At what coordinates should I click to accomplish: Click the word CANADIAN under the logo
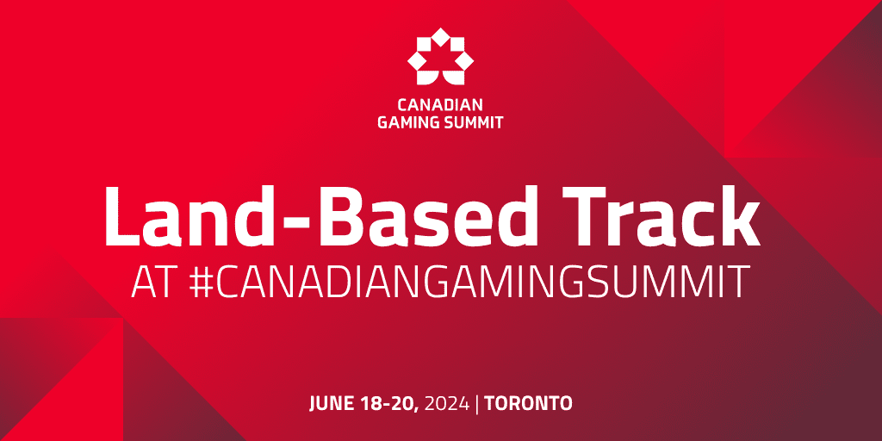[440, 105]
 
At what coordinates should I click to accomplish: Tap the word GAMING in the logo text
[405, 122]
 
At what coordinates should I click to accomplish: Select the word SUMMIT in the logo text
[470, 122]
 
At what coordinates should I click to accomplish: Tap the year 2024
[447, 403]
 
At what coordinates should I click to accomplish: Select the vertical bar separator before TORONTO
[477, 404]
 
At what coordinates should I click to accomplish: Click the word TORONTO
[528, 403]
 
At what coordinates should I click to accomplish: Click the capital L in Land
[123, 214]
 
